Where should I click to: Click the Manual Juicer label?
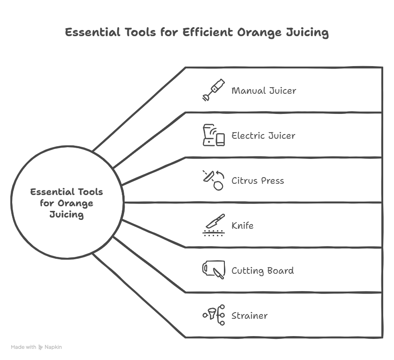click(264, 90)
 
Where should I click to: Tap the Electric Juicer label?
click(263, 135)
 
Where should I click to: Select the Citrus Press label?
click(258, 180)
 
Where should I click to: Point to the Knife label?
click(242, 225)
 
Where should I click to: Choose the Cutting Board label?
click(262, 271)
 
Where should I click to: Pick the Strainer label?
click(249, 315)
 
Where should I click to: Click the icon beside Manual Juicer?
click(214, 90)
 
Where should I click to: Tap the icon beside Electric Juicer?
click(214, 135)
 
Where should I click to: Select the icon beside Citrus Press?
click(214, 180)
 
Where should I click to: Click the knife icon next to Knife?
click(214, 225)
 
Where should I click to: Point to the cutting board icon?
click(214, 270)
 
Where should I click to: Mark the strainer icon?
click(214, 315)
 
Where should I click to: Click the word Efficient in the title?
click(208, 32)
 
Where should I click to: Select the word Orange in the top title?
click(260, 33)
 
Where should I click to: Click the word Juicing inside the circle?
click(67, 215)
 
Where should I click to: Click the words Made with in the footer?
click(23, 347)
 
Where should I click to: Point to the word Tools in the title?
click(140, 32)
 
